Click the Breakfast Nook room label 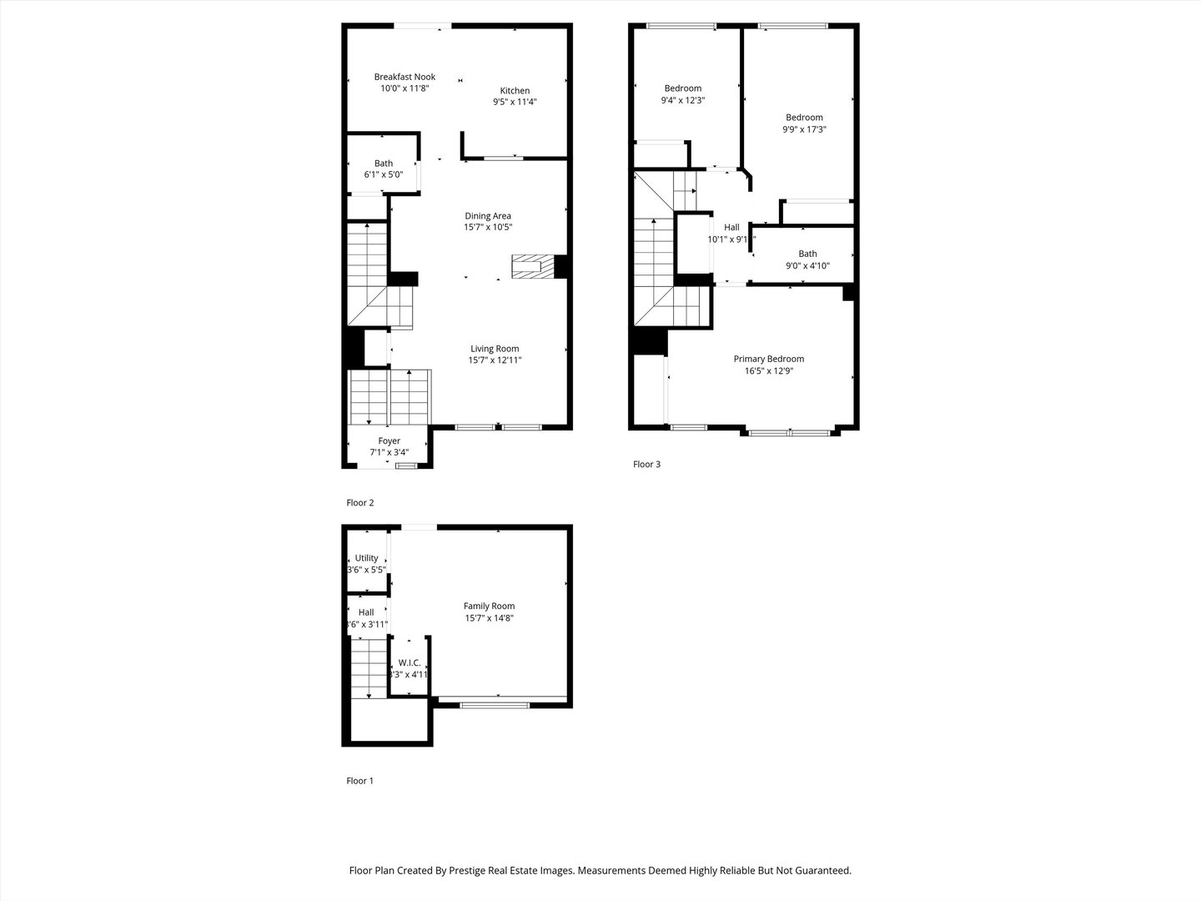[405, 77]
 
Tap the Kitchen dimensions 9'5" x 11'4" [515, 103]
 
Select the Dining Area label [488, 216]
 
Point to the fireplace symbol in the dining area [533, 267]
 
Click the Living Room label [495, 349]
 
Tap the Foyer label [389, 441]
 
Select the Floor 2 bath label [384, 164]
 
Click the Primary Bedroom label [768, 359]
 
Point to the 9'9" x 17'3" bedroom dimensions [804, 129]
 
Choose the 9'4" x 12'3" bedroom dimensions [683, 100]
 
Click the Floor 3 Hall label [731, 227]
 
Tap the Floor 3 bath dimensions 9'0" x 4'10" [807, 266]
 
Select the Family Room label [490, 607]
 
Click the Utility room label [366, 558]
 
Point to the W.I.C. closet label [409, 663]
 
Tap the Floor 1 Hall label [366, 612]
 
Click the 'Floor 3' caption [646, 465]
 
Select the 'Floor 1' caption [360, 781]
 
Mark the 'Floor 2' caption [360, 503]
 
